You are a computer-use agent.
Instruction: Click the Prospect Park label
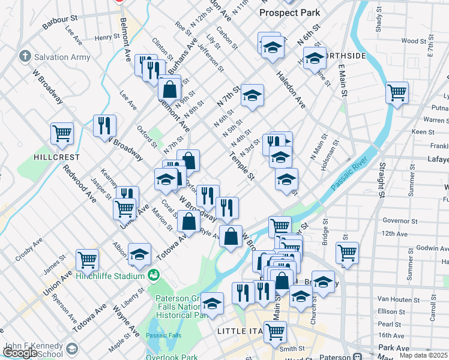point(289,13)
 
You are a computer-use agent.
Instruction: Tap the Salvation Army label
point(62,58)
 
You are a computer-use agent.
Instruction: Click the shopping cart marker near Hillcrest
point(62,134)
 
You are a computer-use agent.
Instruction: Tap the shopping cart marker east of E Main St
point(397,92)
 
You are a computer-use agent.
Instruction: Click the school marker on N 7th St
point(253,95)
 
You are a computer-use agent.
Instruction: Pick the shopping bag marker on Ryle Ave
point(231,236)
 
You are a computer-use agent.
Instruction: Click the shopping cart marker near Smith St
point(275,331)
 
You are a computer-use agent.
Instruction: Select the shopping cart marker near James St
point(87,260)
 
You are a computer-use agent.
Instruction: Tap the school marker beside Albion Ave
point(139,254)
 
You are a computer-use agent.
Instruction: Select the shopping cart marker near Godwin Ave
point(347,253)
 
